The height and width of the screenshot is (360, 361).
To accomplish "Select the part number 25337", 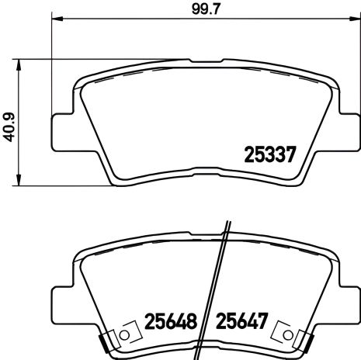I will pyautogui.click(x=268, y=154).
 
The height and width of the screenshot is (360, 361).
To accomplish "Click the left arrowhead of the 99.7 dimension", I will pyautogui.click(x=56, y=19).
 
